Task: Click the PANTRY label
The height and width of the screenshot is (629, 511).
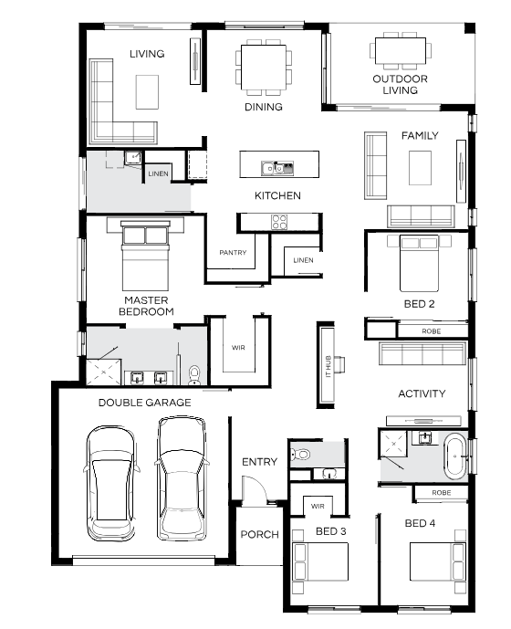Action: click(233, 252)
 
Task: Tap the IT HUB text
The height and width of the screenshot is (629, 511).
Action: click(328, 366)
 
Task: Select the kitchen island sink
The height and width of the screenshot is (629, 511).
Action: click(277, 168)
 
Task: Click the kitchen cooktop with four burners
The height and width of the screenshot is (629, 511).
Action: click(279, 222)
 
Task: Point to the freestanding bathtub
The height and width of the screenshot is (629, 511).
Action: click(454, 457)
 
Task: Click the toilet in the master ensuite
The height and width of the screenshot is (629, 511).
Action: click(194, 375)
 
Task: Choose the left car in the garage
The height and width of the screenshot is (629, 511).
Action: click(110, 483)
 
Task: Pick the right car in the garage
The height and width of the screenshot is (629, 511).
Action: click(182, 478)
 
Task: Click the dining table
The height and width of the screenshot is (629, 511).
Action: click(264, 68)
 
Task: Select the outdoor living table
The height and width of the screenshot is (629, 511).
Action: click(401, 50)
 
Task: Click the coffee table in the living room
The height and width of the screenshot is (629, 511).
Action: click(147, 92)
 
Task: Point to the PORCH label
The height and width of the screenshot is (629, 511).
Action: click(259, 534)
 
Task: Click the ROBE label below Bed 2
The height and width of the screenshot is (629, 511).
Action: click(432, 331)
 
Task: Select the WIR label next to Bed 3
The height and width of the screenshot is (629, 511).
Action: click(318, 507)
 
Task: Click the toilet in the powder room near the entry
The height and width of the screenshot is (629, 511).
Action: click(300, 455)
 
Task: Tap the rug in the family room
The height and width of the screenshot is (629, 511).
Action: click(420, 168)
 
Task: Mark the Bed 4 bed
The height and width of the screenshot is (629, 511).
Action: click(438, 561)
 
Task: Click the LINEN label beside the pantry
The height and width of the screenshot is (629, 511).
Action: click(303, 260)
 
